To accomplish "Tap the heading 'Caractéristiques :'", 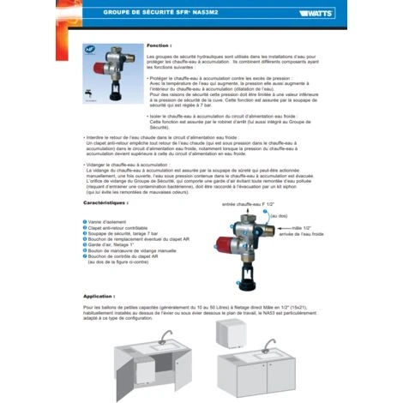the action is point(111,203).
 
